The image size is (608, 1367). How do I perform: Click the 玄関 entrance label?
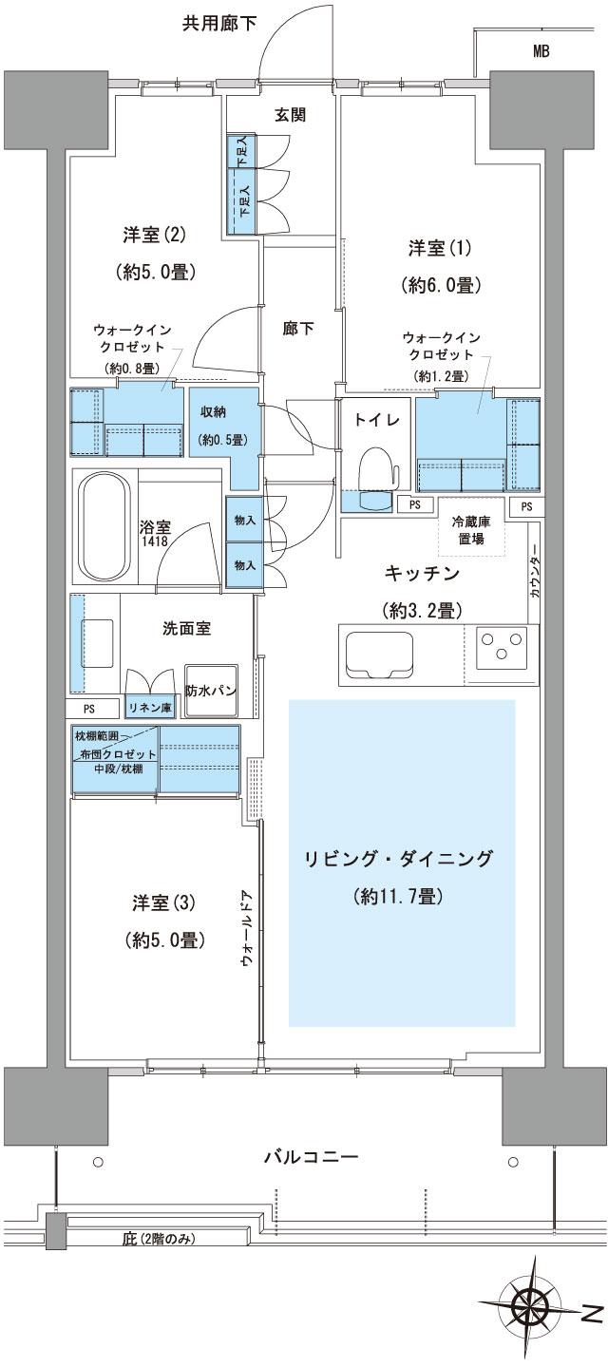click(290, 115)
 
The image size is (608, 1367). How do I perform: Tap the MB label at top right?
click(541, 52)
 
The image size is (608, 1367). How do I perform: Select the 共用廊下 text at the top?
click(219, 24)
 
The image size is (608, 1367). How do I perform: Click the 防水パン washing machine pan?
click(210, 690)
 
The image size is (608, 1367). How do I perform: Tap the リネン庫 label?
click(151, 708)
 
